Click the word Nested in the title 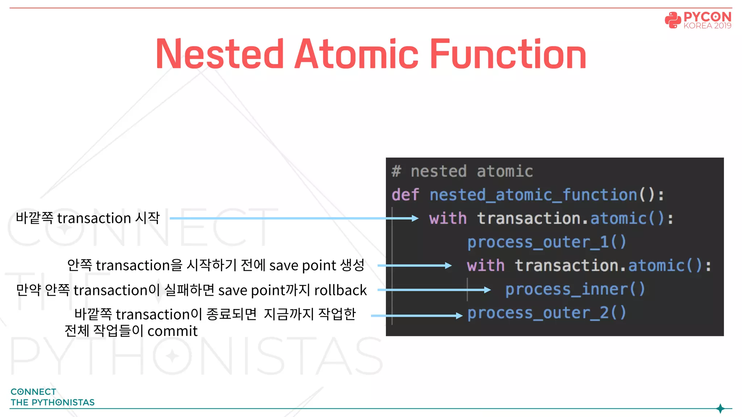click(x=220, y=54)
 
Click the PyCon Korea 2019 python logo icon click(x=673, y=20)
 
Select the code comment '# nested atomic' click(x=462, y=171)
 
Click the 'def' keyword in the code click(x=405, y=195)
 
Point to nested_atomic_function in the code click(x=533, y=195)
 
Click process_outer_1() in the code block click(x=546, y=242)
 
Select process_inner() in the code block click(x=575, y=289)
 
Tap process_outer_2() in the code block click(x=546, y=313)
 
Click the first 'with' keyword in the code click(x=448, y=219)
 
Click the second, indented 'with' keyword click(x=485, y=266)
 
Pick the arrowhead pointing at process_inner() click(x=487, y=290)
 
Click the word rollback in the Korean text click(x=340, y=290)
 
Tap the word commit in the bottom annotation click(x=172, y=331)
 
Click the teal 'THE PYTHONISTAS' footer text click(x=53, y=403)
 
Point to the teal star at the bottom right click(x=720, y=409)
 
